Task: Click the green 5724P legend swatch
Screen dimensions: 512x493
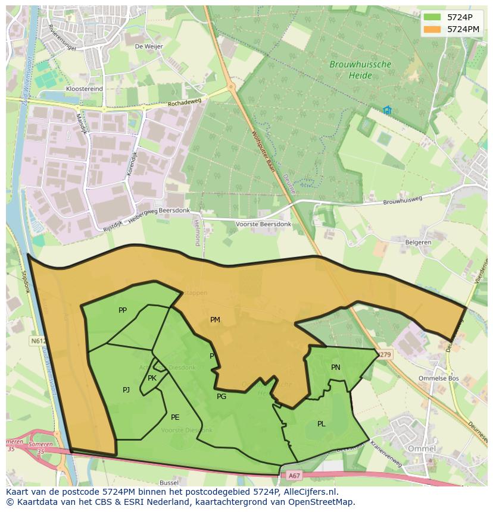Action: pyautogui.click(x=433, y=17)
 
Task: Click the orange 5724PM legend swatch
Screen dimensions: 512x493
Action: pyautogui.click(x=433, y=29)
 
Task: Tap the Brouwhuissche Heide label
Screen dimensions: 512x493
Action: pyautogui.click(x=361, y=70)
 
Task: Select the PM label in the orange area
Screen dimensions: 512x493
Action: pyautogui.click(x=215, y=320)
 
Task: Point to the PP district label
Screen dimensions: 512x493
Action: pyautogui.click(x=123, y=310)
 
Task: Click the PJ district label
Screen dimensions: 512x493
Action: pyautogui.click(x=126, y=390)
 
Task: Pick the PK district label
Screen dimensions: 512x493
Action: pyautogui.click(x=152, y=378)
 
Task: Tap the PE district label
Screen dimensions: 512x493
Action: pyautogui.click(x=175, y=417)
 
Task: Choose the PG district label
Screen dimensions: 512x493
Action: pyautogui.click(x=221, y=397)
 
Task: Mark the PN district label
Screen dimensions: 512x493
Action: pyautogui.click(x=336, y=367)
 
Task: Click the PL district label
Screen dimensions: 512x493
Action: pyautogui.click(x=322, y=424)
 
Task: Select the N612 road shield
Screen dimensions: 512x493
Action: pyautogui.click(x=38, y=341)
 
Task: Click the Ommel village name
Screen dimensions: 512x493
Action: pyautogui.click(x=422, y=448)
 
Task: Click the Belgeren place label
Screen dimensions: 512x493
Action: pyautogui.click(x=418, y=243)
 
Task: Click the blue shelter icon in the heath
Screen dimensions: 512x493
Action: pyautogui.click(x=387, y=110)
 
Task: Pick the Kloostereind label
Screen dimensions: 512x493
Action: pyautogui.click(x=85, y=89)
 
